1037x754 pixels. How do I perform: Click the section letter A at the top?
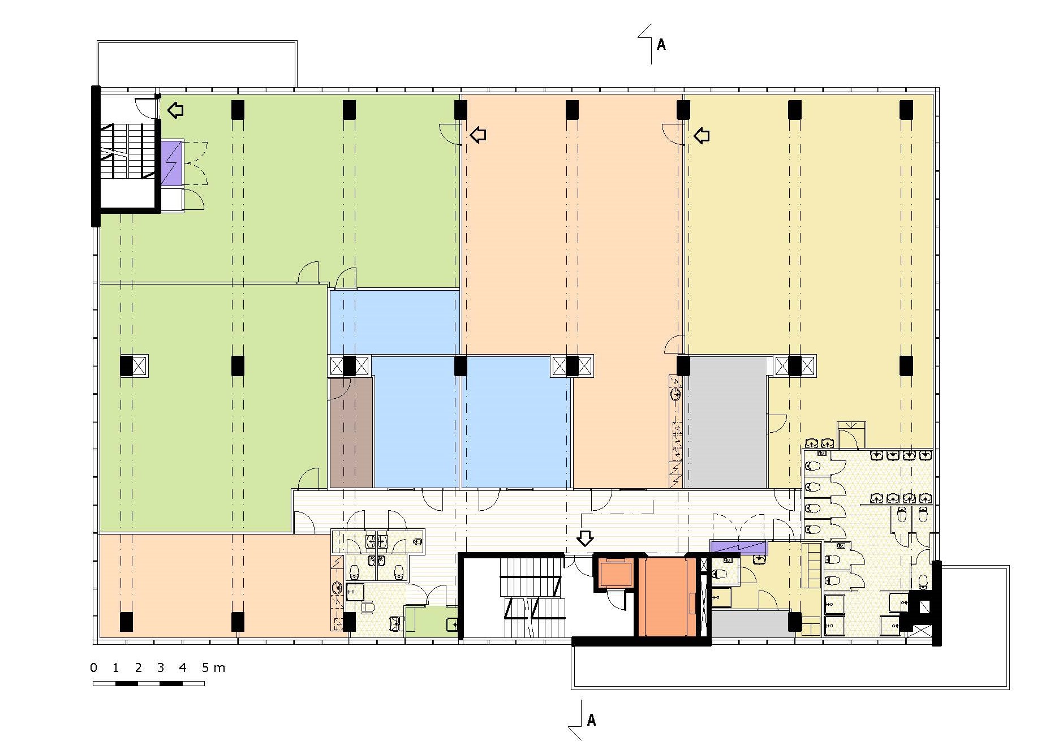pyautogui.click(x=661, y=44)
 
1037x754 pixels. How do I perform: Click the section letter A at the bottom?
pyautogui.click(x=591, y=720)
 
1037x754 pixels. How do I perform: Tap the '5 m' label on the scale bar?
pyautogui.click(x=213, y=667)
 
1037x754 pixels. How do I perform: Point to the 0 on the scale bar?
pyautogui.click(x=93, y=667)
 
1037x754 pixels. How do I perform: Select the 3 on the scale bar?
pyautogui.click(x=160, y=667)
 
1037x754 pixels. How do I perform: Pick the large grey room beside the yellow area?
pyautogui.click(x=726, y=422)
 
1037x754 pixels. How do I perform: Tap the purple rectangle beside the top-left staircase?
pyautogui.click(x=171, y=163)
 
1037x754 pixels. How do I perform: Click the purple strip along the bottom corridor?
pyautogui.click(x=738, y=547)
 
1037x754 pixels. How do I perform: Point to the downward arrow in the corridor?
pyautogui.click(x=585, y=538)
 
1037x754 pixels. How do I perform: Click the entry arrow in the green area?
pyautogui.click(x=176, y=110)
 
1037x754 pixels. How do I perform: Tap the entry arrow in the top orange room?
pyautogui.click(x=479, y=135)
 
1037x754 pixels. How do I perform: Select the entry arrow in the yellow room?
pyautogui.click(x=702, y=135)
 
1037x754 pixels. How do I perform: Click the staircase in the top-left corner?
pyautogui.click(x=128, y=152)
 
